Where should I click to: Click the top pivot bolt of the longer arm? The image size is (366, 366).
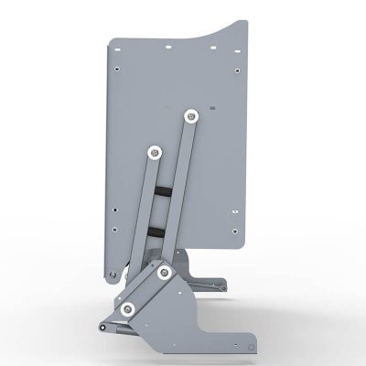click(x=190, y=115)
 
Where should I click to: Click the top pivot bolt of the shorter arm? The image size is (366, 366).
click(x=154, y=152)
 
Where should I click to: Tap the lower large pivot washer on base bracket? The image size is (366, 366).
click(x=128, y=307)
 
